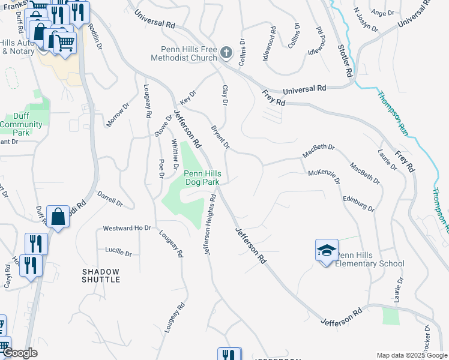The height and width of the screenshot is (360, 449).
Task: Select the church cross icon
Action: click(226, 53)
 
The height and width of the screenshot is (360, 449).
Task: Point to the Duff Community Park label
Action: click(22, 124)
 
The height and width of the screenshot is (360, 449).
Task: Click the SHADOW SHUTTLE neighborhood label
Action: click(100, 276)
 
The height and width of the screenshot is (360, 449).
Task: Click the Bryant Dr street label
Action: click(220, 137)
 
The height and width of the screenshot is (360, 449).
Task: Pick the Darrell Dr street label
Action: click(110, 199)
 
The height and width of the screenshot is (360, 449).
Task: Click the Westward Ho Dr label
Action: click(126, 229)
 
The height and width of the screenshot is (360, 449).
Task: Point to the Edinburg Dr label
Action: click(358, 204)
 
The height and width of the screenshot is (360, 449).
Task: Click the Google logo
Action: click(20, 353)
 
